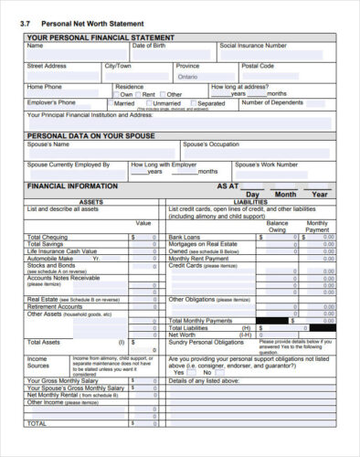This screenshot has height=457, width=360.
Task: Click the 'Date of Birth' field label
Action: pyautogui.click(x=149, y=45)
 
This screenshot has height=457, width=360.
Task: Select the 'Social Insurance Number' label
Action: pyautogui.click(x=253, y=45)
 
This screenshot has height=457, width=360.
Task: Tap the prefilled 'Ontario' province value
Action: pyautogui.click(x=188, y=77)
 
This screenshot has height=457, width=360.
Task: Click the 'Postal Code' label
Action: pyautogui.click(x=257, y=66)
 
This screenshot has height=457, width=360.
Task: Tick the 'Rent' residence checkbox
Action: pyautogui.click(x=138, y=94)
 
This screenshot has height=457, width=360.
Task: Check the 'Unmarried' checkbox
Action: pyautogui.click(x=152, y=103)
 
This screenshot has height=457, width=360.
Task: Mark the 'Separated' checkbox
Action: pyautogui.click(x=194, y=103)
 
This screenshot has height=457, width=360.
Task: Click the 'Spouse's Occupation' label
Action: pyautogui.click(x=211, y=144)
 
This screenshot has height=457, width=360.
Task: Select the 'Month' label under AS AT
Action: pyautogui.click(x=285, y=195)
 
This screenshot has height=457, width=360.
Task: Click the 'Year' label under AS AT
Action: pyautogui.click(x=319, y=195)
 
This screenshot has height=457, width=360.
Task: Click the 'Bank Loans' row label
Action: pyautogui.click(x=185, y=237)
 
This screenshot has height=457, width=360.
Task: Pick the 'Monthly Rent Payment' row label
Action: pyautogui.click(x=200, y=259)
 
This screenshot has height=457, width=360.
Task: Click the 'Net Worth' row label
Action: pyautogui.click(x=183, y=335)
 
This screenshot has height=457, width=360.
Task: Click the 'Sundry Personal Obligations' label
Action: pyautogui.click(x=206, y=342)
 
